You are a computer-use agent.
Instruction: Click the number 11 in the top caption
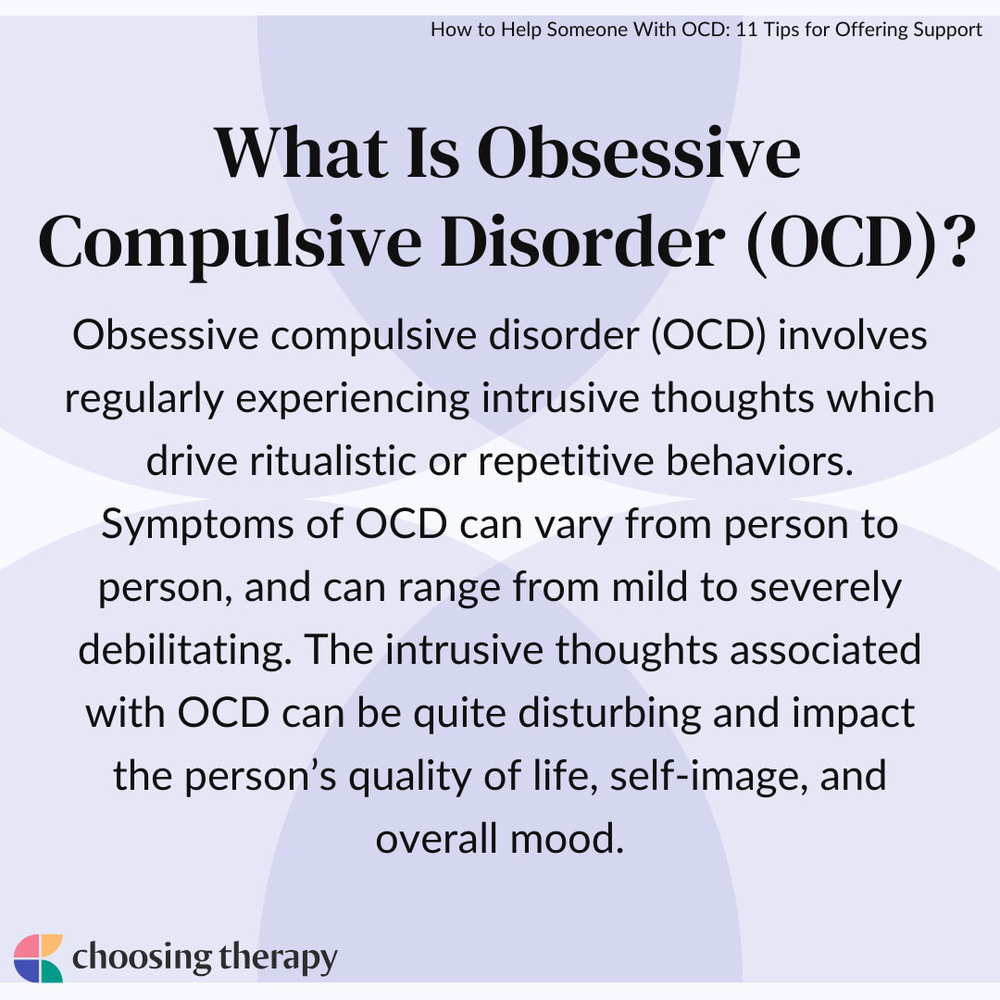[746, 30]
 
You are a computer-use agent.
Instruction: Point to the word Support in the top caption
[948, 30]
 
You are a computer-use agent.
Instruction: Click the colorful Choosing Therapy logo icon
[38, 958]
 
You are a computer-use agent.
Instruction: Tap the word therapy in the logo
[278, 958]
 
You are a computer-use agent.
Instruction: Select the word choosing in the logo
[142, 958]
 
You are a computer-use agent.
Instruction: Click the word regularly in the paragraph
[144, 400]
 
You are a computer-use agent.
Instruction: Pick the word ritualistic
[333, 460]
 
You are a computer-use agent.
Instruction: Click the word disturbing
[609, 713]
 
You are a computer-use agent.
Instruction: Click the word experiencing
[353, 400]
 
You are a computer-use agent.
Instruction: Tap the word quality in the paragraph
[409, 777]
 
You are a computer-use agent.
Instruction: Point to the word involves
[852, 335]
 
